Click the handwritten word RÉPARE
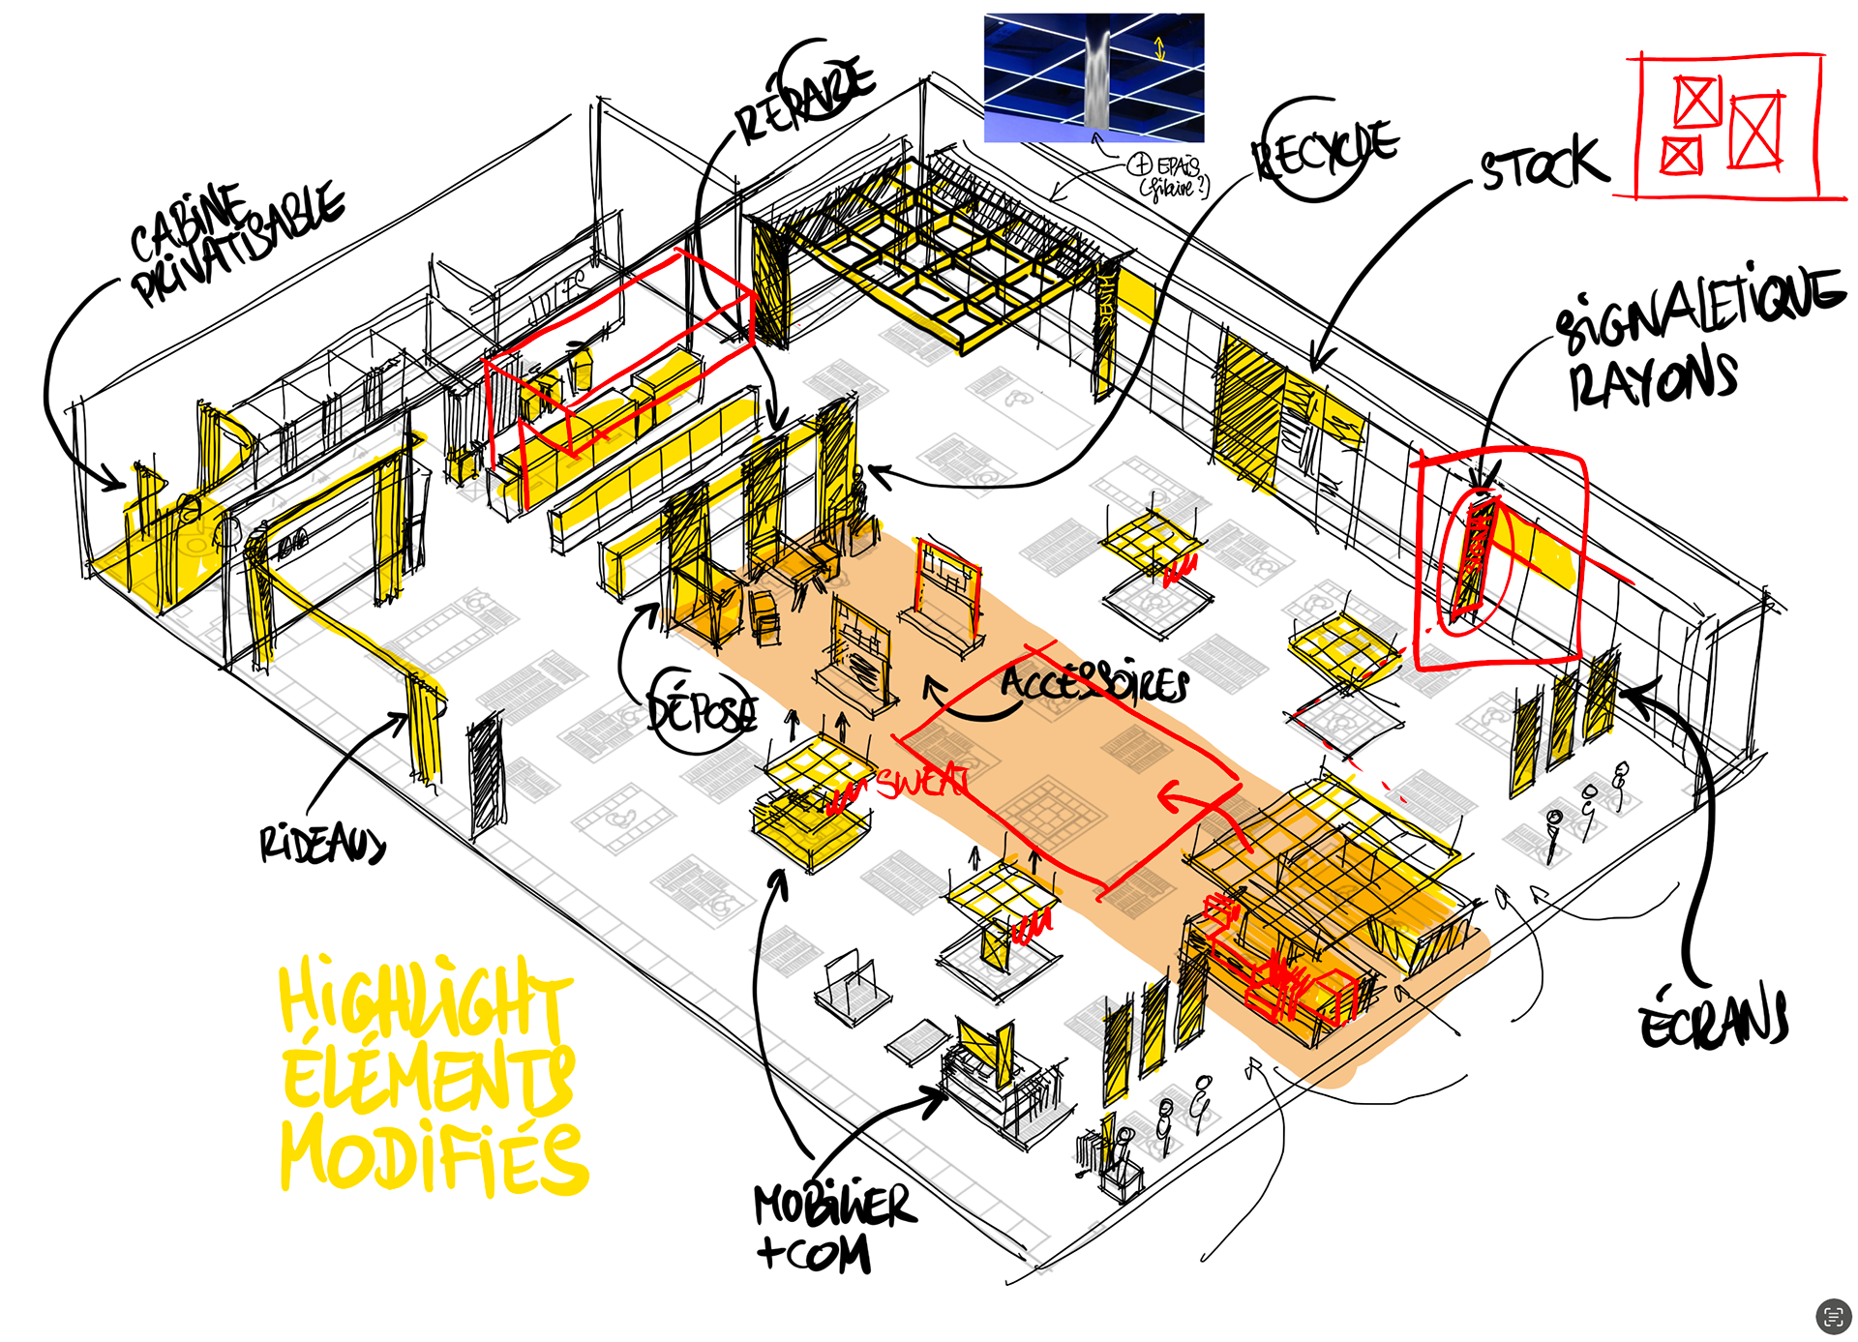tap(806, 97)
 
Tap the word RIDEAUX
tap(322, 844)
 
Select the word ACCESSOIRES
tap(1094, 682)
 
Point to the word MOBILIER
tap(834, 1205)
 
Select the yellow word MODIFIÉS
tap(434, 1156)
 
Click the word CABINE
tap(189, 223)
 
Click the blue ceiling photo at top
tap(1094, 77)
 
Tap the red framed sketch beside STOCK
tap(1728, 127)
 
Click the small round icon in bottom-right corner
tap(1833, 1316)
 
